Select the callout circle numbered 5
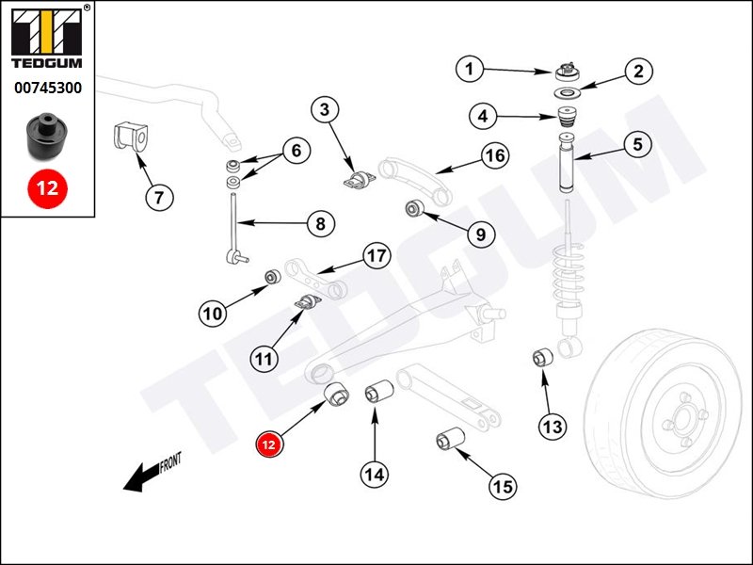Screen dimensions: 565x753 click(x=636, y=145)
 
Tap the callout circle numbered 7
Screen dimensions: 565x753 click(x=159, y=198)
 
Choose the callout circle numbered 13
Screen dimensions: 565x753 click(x=553, y=427)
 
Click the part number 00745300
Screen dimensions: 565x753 click(x=47, y=89)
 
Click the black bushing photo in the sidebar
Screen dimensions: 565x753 click(x=46, y=135)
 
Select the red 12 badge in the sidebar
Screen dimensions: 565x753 click(x=47, y=187)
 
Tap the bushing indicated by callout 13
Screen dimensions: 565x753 click(x=542, y=358)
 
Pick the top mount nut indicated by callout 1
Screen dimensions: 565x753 click(x=567, y=72)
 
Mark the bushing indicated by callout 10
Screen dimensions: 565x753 click(x=271, y=277)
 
